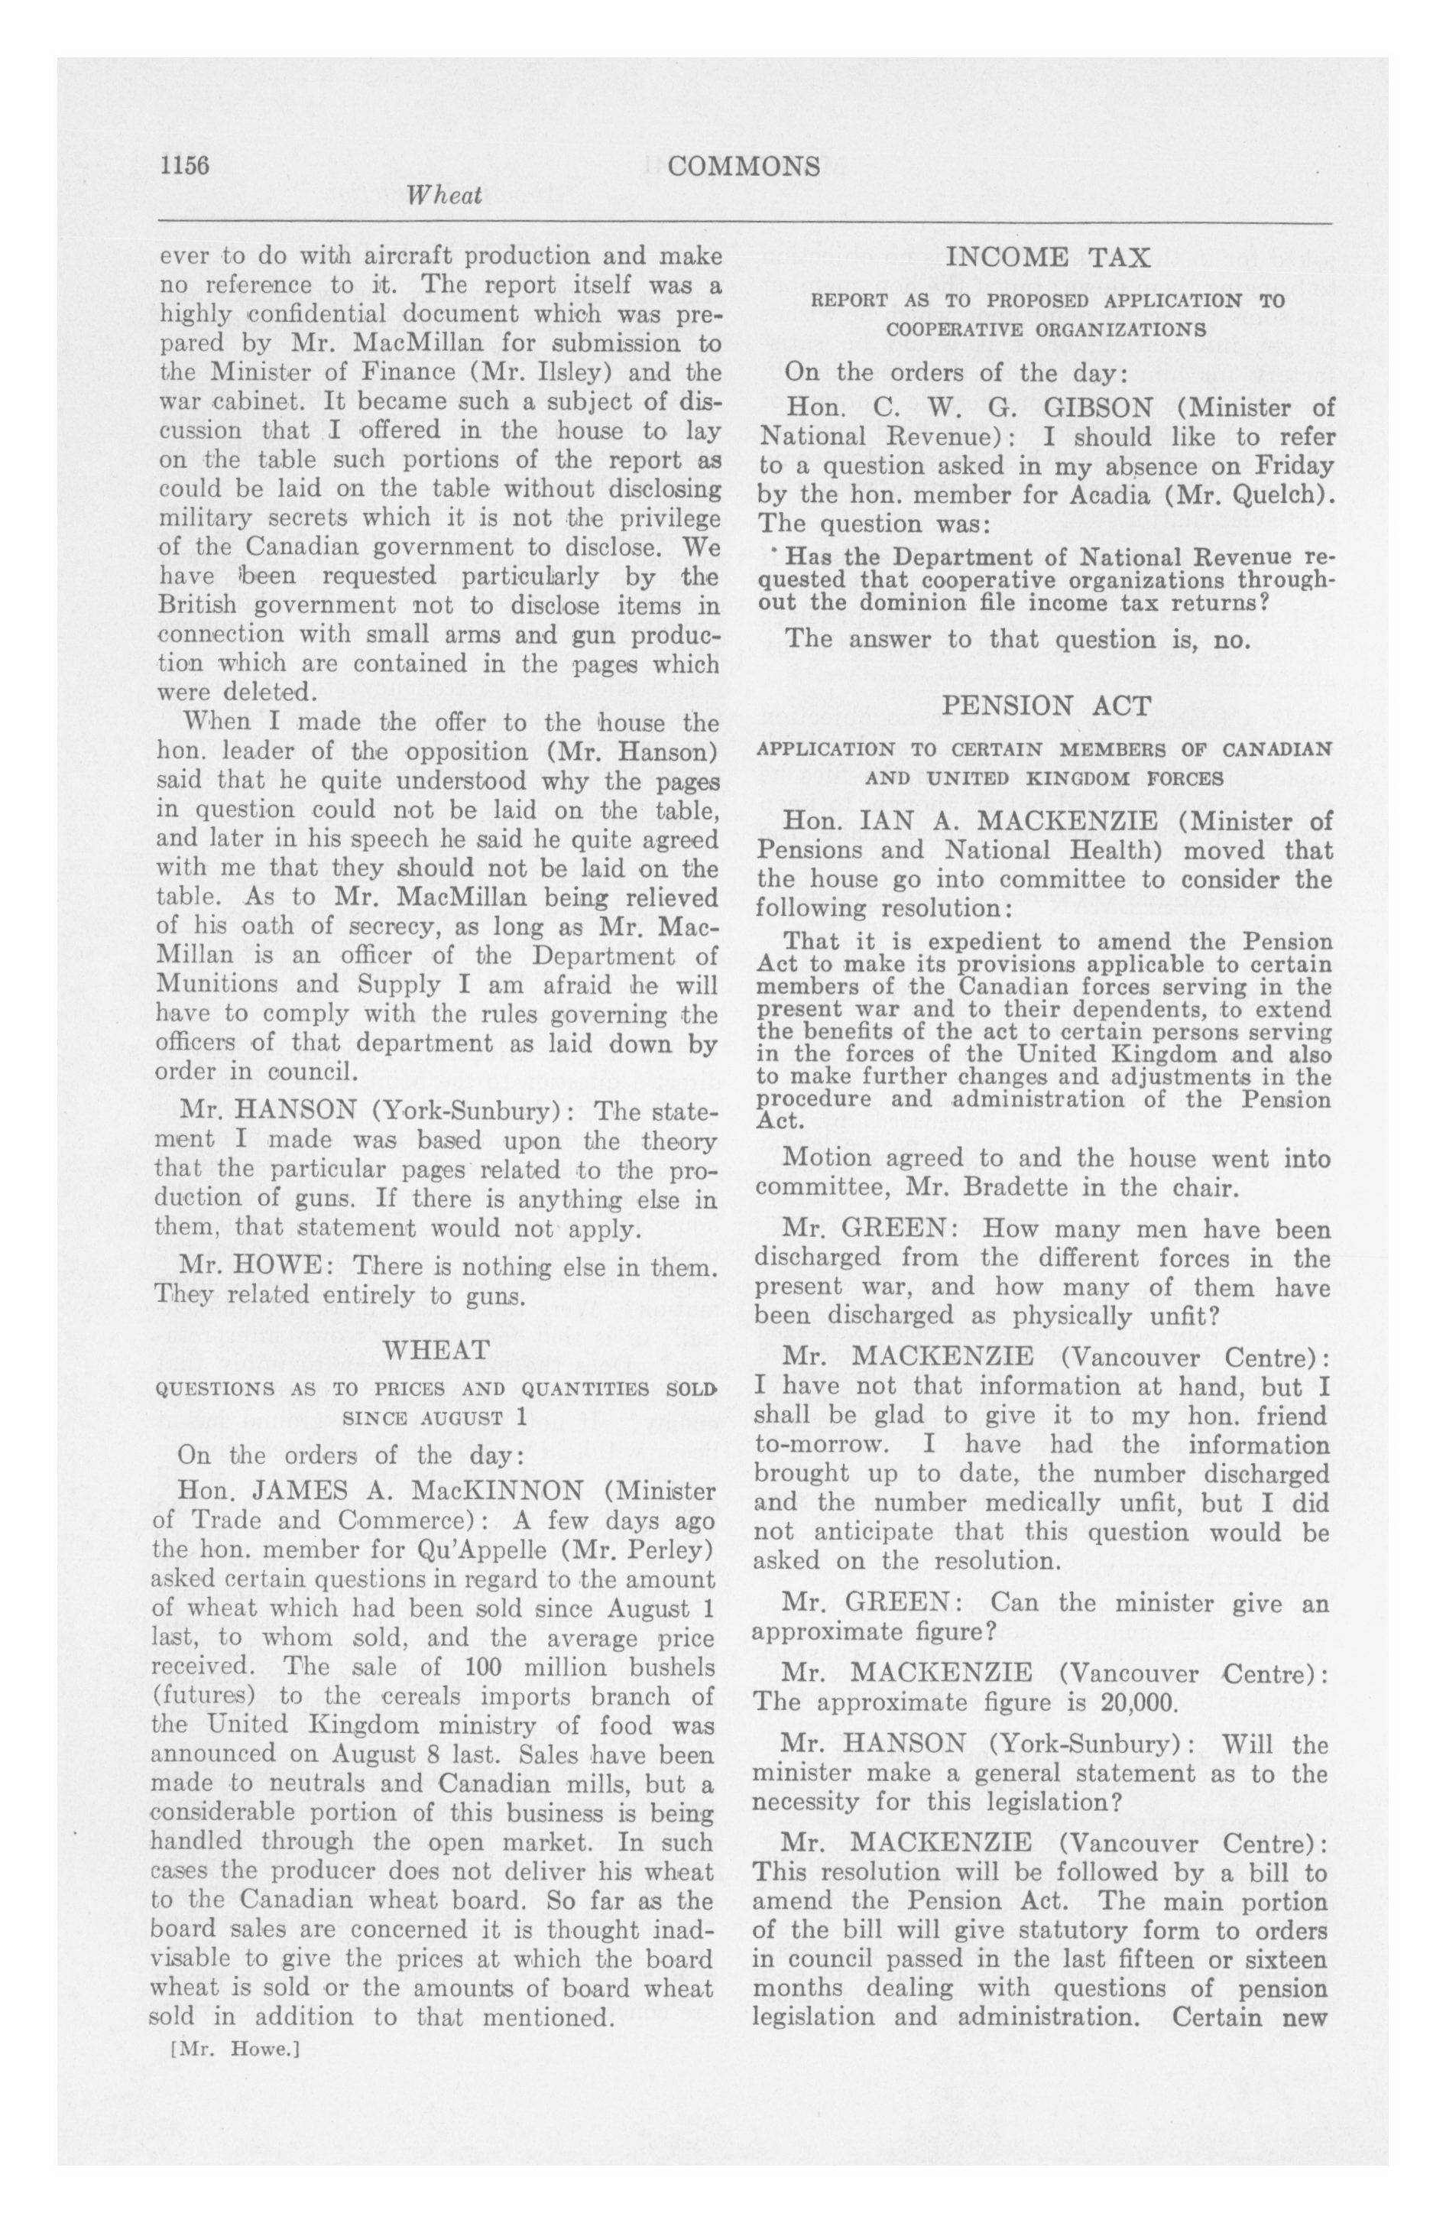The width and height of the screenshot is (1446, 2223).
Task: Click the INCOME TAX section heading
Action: [1048, 257]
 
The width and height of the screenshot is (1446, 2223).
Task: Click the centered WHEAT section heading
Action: [436, 1350]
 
